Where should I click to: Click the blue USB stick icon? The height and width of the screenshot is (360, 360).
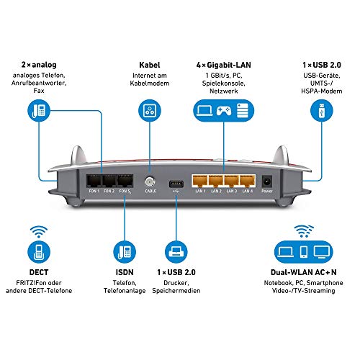pos(318,110)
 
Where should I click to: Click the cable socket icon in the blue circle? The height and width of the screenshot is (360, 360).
pos(149,111)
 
